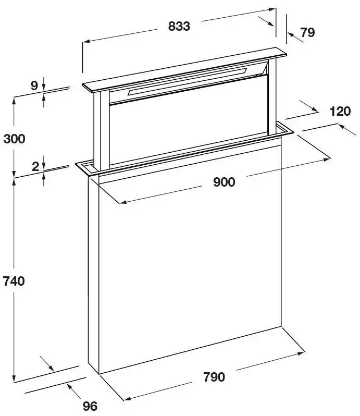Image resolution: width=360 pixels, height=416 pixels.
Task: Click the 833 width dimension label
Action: pos(179,26)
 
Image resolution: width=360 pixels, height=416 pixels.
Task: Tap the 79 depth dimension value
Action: pos(307,32)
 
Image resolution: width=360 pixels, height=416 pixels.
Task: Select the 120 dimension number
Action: pos(340,111)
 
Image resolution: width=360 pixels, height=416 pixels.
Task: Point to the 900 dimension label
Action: pos(224,182)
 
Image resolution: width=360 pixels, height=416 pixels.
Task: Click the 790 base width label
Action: pos(214,377)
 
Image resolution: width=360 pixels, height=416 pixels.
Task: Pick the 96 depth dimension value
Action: pos(90,406)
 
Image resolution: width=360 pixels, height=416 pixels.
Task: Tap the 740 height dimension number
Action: pos(14,281)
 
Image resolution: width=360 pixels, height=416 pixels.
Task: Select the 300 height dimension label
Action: pos(14,139)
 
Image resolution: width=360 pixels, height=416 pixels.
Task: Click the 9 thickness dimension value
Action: pos(34,85)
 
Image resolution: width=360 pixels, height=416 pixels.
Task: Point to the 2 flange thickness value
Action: pos(35,167)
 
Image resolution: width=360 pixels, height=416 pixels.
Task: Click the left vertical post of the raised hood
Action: pos(101,130)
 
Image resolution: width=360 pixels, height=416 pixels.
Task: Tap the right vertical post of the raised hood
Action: pos(272,96)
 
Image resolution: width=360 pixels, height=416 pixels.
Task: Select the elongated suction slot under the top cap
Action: pos(187,81)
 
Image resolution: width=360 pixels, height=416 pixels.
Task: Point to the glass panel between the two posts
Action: pos(189,122)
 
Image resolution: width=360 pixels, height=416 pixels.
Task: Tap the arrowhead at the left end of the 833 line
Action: pos(86,41)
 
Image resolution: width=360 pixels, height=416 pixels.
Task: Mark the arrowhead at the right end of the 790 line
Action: pos(301,353)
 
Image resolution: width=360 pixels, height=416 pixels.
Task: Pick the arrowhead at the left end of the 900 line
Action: pos(123,202)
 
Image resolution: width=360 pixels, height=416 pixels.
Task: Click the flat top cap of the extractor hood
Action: pos(184,70)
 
